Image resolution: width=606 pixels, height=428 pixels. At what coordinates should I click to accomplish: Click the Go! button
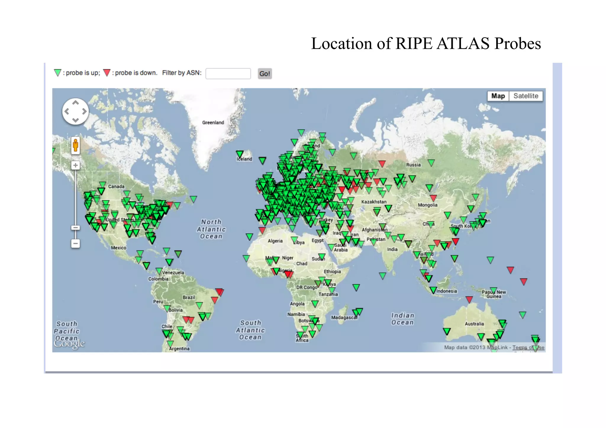[265, 74]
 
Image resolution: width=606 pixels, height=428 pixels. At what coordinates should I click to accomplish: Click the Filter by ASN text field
[228, 74]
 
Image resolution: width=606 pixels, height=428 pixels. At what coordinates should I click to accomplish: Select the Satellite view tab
[526, 96]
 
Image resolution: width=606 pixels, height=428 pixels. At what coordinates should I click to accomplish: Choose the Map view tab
[498, 96]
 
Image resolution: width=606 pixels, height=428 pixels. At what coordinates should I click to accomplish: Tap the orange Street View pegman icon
[75, 146]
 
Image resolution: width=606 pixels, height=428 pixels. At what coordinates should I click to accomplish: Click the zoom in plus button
[75, 165]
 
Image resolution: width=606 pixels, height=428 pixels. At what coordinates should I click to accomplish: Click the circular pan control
[75, 112]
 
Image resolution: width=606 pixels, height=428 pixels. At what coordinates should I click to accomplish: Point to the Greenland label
[213, 122]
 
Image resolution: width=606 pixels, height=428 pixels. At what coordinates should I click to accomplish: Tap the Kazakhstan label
[374, 202]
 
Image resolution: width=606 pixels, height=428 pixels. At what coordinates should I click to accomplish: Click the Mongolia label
[428, 205]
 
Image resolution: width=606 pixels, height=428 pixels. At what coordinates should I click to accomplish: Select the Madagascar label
[344, 318]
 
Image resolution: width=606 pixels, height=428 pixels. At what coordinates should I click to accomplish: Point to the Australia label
[474, 324]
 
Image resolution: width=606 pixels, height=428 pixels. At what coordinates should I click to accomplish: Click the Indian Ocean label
[402, 319]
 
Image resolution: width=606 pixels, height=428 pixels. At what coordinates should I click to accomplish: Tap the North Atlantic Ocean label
[211, 229]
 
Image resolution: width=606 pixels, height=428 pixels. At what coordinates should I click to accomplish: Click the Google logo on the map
[69, 344]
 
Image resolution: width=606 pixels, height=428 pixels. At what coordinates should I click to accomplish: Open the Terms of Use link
[528, 348]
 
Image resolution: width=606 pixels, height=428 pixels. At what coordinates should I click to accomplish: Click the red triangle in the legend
[107, 73]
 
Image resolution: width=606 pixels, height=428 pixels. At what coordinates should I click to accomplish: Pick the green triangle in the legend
[58, 73]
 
